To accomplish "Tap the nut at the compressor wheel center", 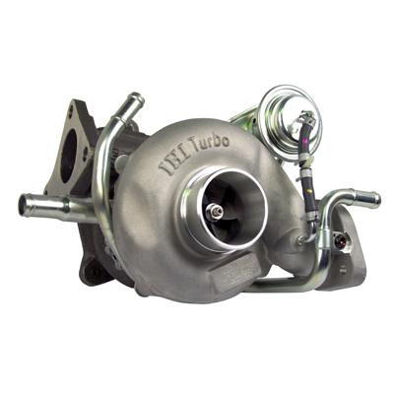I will click(x=216, y=211).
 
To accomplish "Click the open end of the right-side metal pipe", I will click(x=375, y=199).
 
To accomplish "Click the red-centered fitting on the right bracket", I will click(x=341, y=239).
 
